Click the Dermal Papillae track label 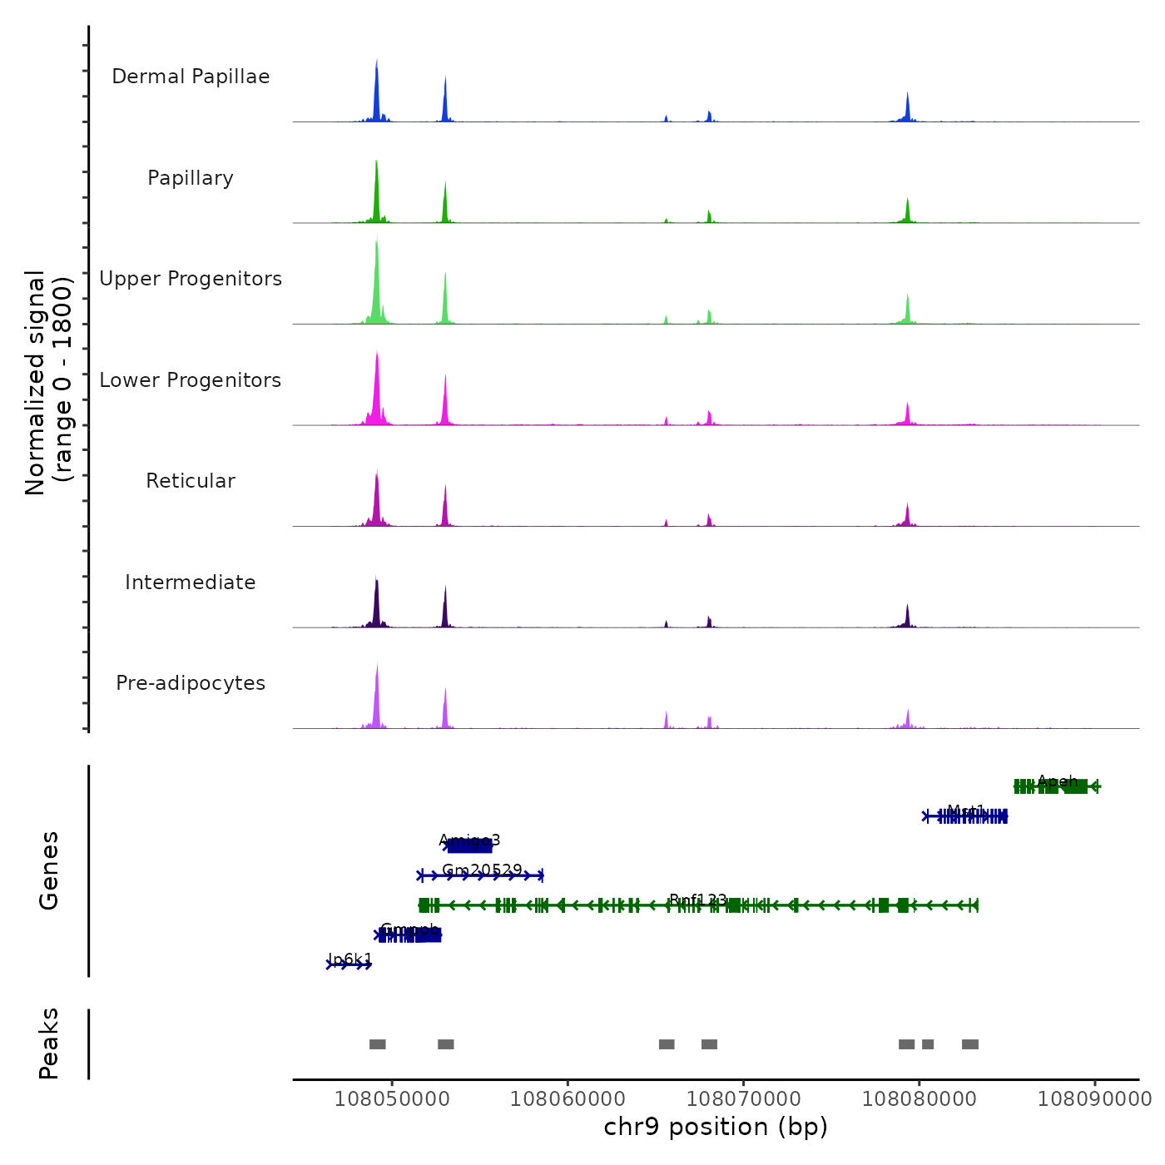pos(191,77)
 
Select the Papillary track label pos(191,178)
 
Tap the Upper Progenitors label pos(191,279)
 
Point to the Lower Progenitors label pos(191,380)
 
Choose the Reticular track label pos(191,481)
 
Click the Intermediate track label pos(191,582)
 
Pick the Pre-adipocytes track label pos(191,683)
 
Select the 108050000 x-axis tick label pos(392,1098)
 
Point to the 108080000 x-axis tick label pos(919,1098)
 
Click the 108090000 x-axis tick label pos(1094,1098)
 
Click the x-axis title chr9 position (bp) pos(716,1127)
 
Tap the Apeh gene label pos(1058,781)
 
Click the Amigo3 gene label pos(469,840)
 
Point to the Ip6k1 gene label pos(349,959)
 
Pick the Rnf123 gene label pos(698,900)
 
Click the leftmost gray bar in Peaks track pos(378,1044)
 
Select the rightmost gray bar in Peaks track pos(970,1044)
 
